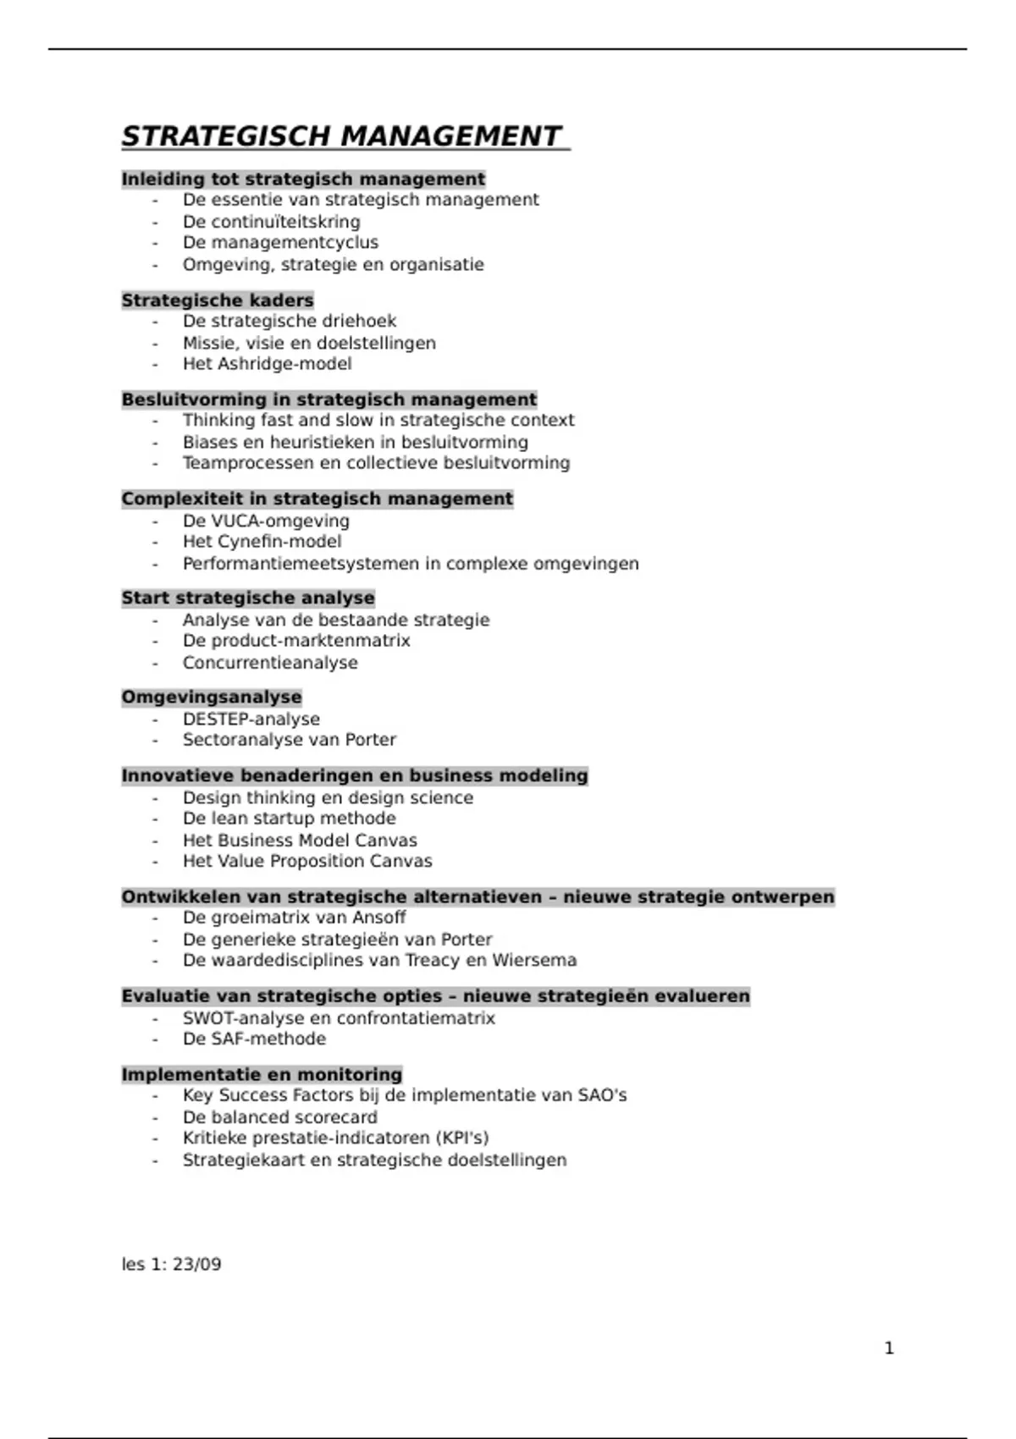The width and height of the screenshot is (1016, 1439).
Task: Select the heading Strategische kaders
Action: click(218, 300)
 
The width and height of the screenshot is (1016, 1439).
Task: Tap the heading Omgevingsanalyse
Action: click(212, 697)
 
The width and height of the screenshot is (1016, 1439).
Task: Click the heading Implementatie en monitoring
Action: click(262, 1074)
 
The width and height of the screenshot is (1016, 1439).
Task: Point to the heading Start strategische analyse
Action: click(248, 598)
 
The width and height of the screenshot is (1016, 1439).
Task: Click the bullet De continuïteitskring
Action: click(271, 222)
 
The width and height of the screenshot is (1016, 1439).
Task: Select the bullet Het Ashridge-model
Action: click(267, 364)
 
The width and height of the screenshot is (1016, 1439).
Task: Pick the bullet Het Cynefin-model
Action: click(262, 542)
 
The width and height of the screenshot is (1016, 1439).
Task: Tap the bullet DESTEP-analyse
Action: click(251, 719)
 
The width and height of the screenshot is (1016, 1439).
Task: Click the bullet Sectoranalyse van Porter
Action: click(289, 740)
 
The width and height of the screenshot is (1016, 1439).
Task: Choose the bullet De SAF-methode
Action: click(254, 1039)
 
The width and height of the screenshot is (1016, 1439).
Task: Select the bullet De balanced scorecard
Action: click(279, 1117)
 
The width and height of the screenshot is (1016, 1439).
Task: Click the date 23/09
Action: click(196, 1265)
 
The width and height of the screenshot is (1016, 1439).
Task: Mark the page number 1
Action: click(889, 1348)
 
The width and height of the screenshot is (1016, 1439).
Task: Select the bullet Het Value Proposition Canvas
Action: click(307, 862)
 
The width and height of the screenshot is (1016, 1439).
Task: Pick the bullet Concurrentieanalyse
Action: click(270, 663)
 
